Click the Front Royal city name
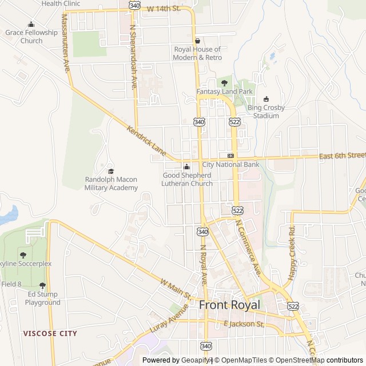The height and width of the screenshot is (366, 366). tap(229, 305)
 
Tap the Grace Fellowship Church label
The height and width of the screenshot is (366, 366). tap(31, 37)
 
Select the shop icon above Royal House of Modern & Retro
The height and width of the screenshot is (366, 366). tap(198, 41)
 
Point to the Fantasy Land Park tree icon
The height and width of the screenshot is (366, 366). tap(224, 83)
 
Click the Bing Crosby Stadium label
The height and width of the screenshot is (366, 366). tap(266, 112)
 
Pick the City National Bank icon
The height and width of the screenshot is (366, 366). tap(230, 156)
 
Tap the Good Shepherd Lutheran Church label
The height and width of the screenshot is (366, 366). tap(188, 179)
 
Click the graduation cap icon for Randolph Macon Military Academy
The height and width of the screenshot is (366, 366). tap(111, 171)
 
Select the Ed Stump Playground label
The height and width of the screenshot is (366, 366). tap(42, 299)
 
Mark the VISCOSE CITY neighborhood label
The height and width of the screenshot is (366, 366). tap(50, 333)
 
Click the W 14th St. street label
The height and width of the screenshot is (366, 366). tap(164, 9)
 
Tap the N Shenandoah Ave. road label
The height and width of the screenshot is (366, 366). tap(134, 56)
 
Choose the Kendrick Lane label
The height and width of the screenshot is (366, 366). tap(146, 142)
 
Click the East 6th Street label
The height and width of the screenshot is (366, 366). tap(342, 156)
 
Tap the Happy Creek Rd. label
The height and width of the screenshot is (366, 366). tap(292, 252)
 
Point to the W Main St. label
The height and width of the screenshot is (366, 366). tap(176, 289)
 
